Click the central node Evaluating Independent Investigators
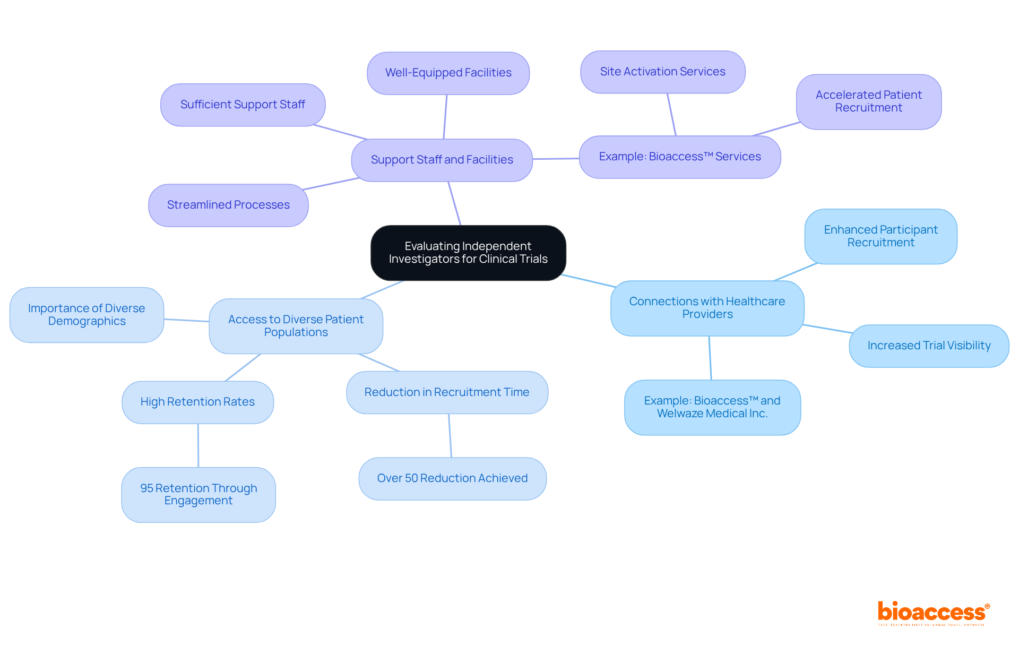point(468,253)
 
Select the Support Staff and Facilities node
point(442,160)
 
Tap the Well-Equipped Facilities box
point(448,73)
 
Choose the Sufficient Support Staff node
point(243,105)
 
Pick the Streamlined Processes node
point(228,205)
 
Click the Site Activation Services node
point(662,72)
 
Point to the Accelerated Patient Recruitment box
point(868,101)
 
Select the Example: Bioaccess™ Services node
point(679,157)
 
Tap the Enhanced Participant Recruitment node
point(880,236)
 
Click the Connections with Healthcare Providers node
point(707,308)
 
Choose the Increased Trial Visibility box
point(929,346)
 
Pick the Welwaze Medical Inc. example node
point(712,407)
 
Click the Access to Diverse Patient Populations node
point(296,326)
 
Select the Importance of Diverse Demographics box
point(87,315)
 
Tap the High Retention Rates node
point(197,402)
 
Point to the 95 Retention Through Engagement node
point(198,494)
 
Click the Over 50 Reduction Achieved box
point(452,478)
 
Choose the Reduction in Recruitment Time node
point(447,392)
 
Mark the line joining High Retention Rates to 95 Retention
point(198,445)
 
